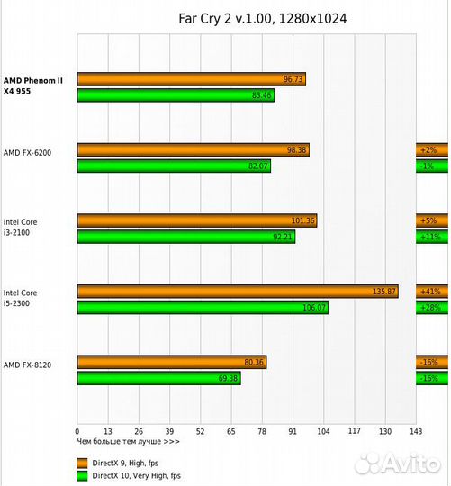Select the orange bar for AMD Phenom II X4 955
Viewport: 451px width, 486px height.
[191, 79]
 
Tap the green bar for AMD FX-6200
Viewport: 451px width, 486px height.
[174, 166]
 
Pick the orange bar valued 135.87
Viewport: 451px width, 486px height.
[237, 292]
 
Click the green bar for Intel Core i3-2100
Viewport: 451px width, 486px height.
[185, 237]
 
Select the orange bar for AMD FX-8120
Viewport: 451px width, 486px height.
[171, 363]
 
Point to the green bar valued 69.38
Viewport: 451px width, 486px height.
[158, 379]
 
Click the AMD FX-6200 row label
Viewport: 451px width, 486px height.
[28, 153]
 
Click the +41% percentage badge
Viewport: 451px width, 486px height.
[428, 292]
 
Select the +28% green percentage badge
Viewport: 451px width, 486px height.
[428, 308]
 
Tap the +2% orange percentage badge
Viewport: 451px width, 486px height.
[428, 149]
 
